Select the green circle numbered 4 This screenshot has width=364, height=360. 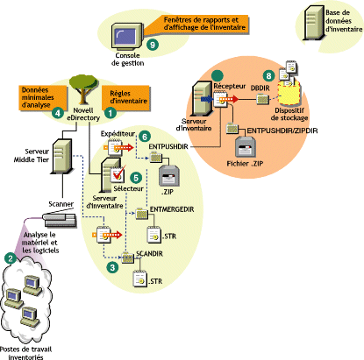(58, 112)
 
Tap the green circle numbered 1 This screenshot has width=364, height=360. (111, 112)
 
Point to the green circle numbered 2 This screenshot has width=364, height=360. (10, 258)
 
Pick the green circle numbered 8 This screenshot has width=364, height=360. (269, 76)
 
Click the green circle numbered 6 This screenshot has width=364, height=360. (144, 137)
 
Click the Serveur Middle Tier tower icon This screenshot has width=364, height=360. (62, 156)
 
